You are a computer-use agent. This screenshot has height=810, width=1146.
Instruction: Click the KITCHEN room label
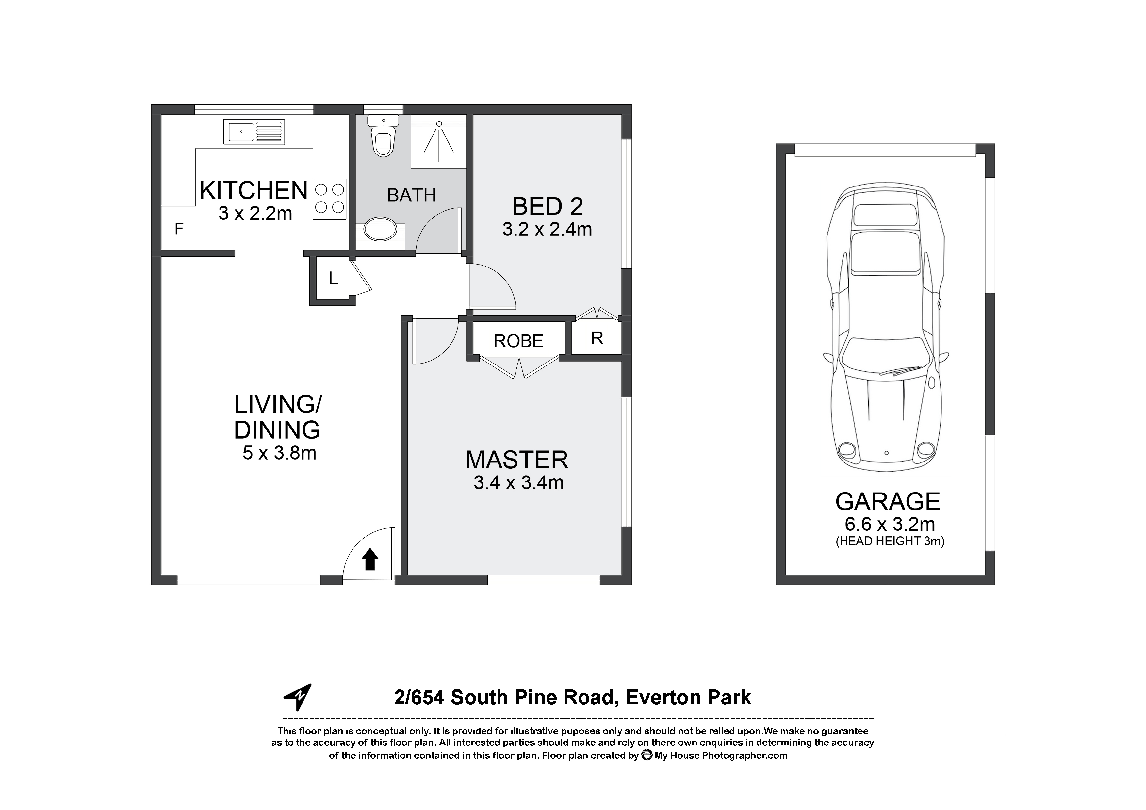pyautogui.click(x=254, y=191)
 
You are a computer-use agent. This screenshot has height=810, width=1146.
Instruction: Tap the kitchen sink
pyautogui.click(x=254, y=132)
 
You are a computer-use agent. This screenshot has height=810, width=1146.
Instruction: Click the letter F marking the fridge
pyautogui.click(x=179, y=229)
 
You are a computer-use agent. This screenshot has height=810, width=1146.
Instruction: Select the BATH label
pyautogui.click(x=412, y=195)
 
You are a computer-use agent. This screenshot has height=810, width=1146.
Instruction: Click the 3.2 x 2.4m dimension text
pyautogui.click(x=548, y=230)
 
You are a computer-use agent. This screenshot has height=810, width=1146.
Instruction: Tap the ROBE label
pyautogui.click(x=518, y=341)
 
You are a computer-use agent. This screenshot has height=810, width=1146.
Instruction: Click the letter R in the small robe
pyautogui.click(x=597, y=338)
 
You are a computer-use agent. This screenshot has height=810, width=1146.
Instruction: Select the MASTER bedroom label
pyautogui.click(x=516, y=460)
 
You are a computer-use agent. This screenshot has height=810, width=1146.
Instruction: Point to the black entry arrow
pyautogui.click(x=369, y=559)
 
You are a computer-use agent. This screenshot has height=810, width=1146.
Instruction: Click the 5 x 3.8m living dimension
pyautogui.click(x=280, y=453)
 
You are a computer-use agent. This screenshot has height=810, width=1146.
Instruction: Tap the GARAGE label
pyautogui.click(x=888, y=502)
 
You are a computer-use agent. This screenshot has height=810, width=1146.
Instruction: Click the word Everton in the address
pyautogui.click(x=658, y=698)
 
